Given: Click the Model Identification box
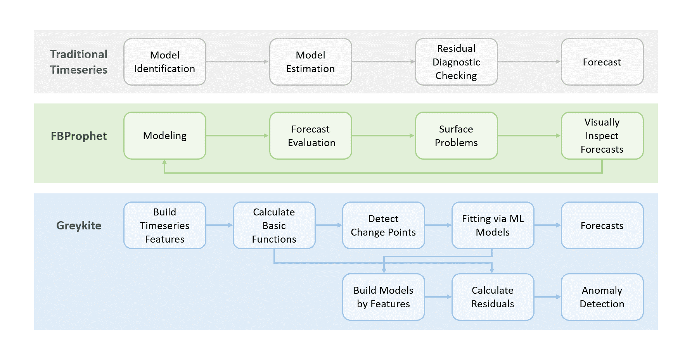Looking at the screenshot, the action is [165, 62].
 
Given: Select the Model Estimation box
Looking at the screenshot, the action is [311, 62].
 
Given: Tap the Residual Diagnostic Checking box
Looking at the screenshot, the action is [457, 62].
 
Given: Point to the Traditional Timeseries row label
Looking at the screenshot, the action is [79, 62].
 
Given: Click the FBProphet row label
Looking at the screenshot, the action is [79, 136].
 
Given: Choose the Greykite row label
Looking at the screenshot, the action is [79, 226].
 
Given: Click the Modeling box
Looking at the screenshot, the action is [165, 136].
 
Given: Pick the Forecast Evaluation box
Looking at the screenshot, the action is [311, 136].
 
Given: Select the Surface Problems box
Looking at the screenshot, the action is [457, 136].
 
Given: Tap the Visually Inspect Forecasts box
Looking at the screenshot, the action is [602, 136].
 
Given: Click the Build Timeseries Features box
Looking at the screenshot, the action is [165, 225].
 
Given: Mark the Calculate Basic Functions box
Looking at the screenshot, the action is [274, 225].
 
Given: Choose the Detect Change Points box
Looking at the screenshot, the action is [384, 225].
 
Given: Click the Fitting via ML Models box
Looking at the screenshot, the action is [493, 225].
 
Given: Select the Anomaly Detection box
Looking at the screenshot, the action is [602, 297].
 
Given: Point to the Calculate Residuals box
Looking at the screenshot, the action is [493, 297].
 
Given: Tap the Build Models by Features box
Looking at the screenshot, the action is [384, 297].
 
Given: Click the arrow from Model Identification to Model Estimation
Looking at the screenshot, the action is [237, 62].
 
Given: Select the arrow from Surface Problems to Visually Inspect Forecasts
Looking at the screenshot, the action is [529, 136].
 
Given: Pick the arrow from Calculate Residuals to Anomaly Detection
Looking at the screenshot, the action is [547, 297].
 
